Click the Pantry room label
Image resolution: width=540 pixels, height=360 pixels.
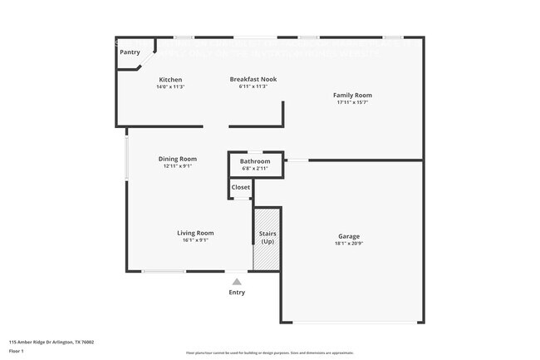[x=130, y=52]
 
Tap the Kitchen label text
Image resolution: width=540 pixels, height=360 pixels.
[x=170, y=80]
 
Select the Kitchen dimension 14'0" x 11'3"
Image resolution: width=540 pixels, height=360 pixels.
[x=170, y=86]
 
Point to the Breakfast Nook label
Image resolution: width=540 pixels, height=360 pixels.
[x=253, y=80]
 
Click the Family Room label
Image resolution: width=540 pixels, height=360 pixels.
[x=351, y=96]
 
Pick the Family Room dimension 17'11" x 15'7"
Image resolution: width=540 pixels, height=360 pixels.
[x=351, y=102]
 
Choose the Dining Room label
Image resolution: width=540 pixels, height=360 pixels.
[x=178, y=159]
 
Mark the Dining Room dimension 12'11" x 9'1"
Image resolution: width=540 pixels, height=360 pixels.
[x=178, y=166]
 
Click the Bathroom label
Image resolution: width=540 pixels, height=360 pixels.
[x=255, y=161]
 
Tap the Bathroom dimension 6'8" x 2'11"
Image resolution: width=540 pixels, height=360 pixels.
[x=255, y=168]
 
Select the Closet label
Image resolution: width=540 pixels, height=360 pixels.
[x=241, y=188]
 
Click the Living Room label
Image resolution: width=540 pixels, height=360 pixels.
[x=195, y=233]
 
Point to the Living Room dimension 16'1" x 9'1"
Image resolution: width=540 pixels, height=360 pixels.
[x=195, y=240]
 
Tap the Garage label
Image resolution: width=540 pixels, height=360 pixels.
[x=349, y=236]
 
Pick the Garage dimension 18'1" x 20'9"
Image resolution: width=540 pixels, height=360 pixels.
[x=349, y=244]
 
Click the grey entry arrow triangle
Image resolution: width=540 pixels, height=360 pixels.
[x=237, y=282]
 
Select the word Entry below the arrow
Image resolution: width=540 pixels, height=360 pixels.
[x=237, y=292]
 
